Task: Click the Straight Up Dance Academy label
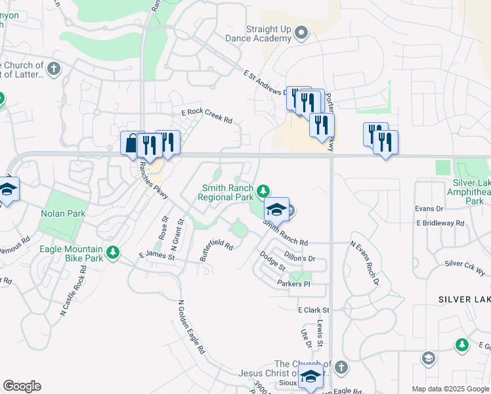coord(268,33)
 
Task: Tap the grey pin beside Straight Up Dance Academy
coord(301,32)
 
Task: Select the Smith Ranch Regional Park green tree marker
coord(263,191)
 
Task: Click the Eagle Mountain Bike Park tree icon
coord(113,252)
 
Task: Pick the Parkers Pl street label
coord(293,284)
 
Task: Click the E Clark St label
coord(313,309)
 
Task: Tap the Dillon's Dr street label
coord(300,259)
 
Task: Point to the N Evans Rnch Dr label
coord(365,263)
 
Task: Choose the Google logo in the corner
coord(22,386)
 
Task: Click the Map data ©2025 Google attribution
coord(450,389)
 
